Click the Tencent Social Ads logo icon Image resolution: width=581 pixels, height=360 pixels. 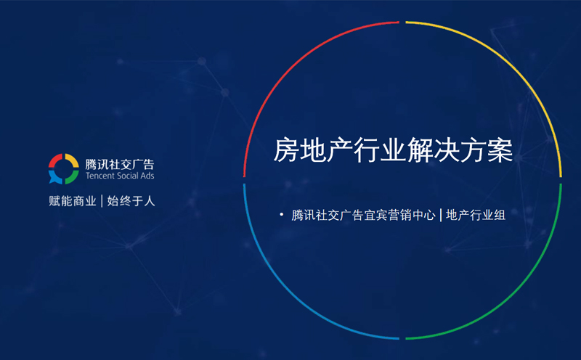tap(64, 169)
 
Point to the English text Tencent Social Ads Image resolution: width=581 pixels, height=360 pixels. tap(120, 176)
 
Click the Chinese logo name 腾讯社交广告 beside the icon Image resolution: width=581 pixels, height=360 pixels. tap(120, 164)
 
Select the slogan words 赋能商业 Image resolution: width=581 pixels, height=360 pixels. tap(72, 201)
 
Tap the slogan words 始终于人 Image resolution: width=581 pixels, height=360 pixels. tap(131, 201)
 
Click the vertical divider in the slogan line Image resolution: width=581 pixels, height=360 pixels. tap(102, 201)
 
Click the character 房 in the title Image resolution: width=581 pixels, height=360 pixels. tap(286, 150)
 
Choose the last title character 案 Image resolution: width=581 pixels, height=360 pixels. tap(500, 150)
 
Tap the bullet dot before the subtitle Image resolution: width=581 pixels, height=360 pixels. tap(282, 214)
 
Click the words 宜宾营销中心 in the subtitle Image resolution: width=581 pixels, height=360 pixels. tap(399, 215)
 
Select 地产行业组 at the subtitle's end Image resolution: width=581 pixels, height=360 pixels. tap(476, 215)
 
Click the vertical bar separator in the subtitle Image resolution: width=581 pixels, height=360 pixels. tap(441, 215)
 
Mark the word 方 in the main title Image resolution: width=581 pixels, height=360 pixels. tap(474, 150)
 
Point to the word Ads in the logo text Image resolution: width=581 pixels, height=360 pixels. tap(147, 176)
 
